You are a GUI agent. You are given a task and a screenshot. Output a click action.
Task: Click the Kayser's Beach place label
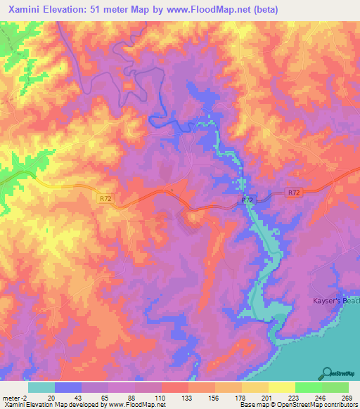pyautogui.click(x=335, y=301)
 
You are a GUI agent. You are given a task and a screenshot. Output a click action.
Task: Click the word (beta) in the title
pyautogui.click(x=262, y=10)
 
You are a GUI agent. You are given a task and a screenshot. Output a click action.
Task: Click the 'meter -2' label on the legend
pyautogui.click(x=16, y=397)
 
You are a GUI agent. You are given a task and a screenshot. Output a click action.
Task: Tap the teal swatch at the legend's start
pyautogui.click(x=41, y=387)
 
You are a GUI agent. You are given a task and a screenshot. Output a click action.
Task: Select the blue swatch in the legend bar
pyautogui.click(x=68, y=387)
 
